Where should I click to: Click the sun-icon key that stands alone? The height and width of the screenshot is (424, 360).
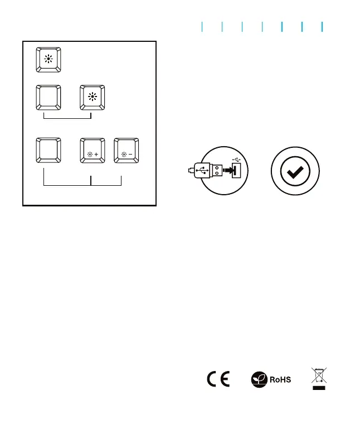(50, 60)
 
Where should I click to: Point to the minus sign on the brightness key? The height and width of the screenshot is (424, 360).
(132, 151)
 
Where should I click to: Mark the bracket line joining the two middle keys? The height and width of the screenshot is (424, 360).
(67, 119)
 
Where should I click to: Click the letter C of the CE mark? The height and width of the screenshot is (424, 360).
(212, 380)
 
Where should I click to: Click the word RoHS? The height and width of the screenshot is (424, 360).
(280, 380)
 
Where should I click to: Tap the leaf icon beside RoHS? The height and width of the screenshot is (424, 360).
(258, 379)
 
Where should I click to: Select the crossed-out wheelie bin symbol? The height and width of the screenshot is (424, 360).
(319, 375)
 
